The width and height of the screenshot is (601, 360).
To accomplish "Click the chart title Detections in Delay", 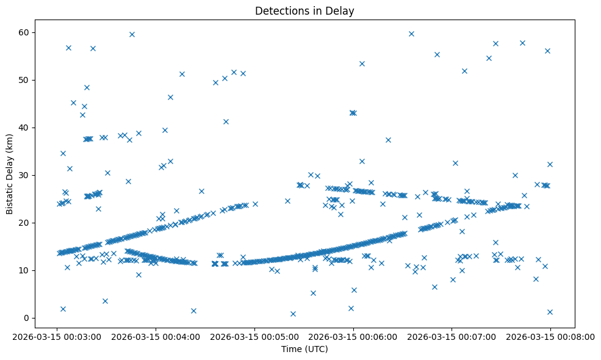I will pyautogui.click(x=304, y=11).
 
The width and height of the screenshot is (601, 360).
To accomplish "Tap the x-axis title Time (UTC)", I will pyautogui.click(x=304, y=349).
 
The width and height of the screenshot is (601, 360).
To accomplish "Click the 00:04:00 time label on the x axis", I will pyautogui.click(x=156, y=336).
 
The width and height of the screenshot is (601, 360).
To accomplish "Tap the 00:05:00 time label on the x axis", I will pyautogui.click(x=254, y=336).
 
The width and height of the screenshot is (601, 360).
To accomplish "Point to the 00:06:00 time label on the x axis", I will pyautogui.click(x=353, y=336).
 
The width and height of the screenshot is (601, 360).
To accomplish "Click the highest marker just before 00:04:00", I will pyautogui.click(x=132, y=34).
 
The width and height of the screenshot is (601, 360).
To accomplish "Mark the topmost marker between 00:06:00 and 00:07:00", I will pyautogui.click(x=411, y=34).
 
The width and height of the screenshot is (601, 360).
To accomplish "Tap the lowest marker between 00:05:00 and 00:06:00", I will pyautogui.click(x=293, y=314).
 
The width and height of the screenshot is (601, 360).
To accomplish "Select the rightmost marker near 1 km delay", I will pyautogui.click(x=550, y=312).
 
